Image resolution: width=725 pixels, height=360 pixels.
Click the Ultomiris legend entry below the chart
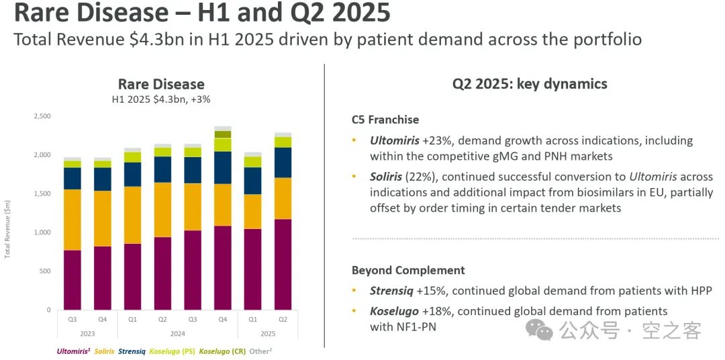point(72,351)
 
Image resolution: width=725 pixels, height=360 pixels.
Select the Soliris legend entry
point(104,351)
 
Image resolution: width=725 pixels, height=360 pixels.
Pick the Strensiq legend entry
point(132,351)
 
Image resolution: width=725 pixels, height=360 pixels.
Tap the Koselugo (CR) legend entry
point(222,351)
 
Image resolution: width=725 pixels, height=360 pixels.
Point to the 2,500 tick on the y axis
point(42,116)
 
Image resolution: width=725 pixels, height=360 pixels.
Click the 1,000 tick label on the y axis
point(42,232)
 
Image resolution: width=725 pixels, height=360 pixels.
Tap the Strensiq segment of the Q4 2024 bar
point(223,167)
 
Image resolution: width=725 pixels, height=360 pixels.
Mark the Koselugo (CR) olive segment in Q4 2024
point(223,134)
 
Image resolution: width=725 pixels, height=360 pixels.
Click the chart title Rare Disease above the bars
point(161,84)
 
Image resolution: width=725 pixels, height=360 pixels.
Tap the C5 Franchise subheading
point(385,120)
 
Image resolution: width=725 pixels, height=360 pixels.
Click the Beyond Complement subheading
point(408,270)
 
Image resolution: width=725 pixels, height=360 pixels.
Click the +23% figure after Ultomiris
point(434,141)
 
